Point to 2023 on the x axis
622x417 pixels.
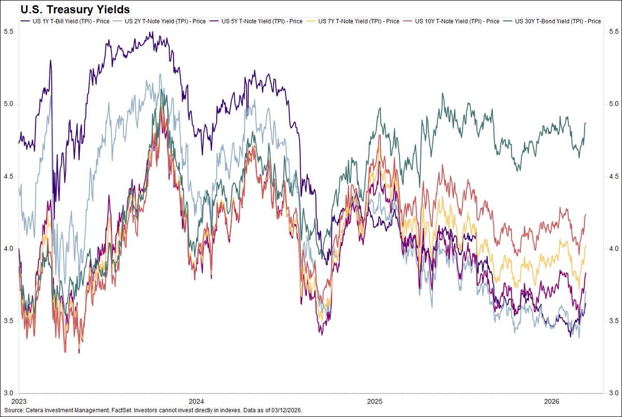tap(20, 401)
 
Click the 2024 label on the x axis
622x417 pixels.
tap(196, 401)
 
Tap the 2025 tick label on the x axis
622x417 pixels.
tap(374, 401)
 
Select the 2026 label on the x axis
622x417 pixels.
tap(552, 401)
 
